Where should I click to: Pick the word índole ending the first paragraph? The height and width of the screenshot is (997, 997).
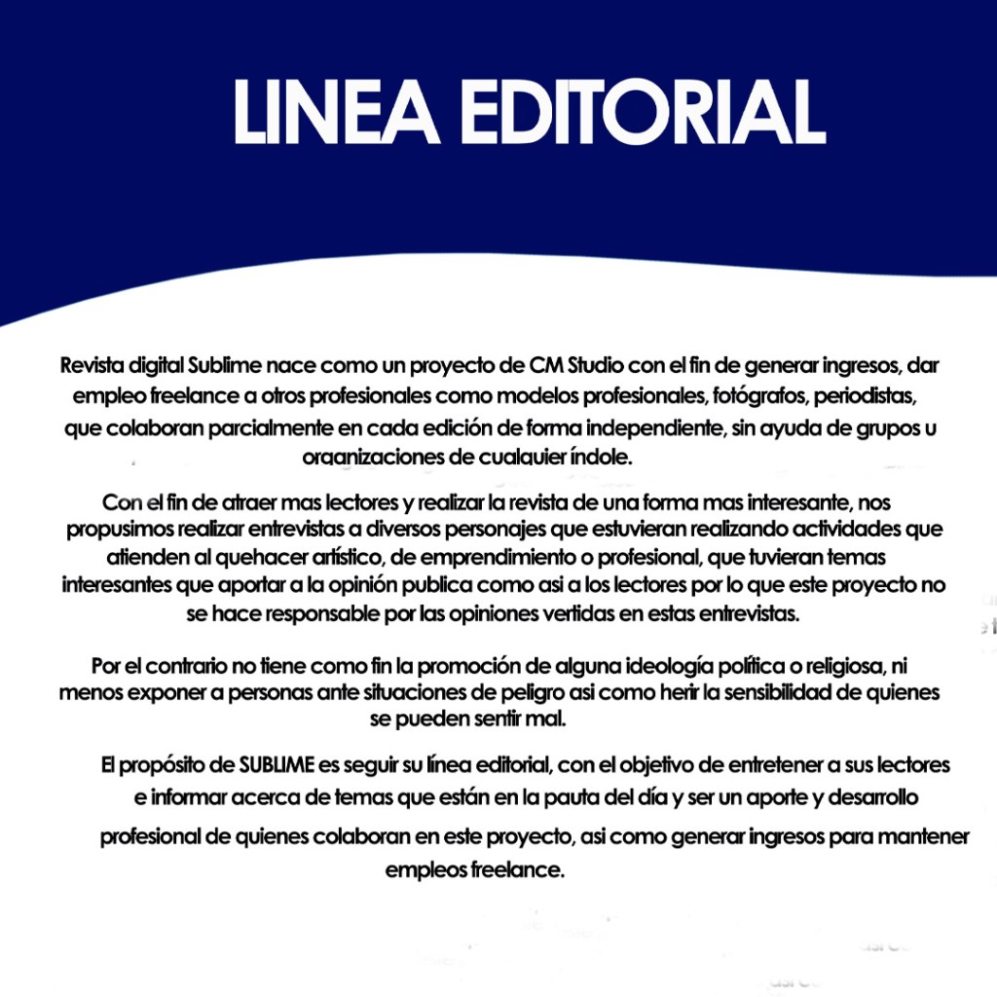[606, 458]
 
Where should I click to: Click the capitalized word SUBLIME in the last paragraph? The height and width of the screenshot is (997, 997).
[277, 765]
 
